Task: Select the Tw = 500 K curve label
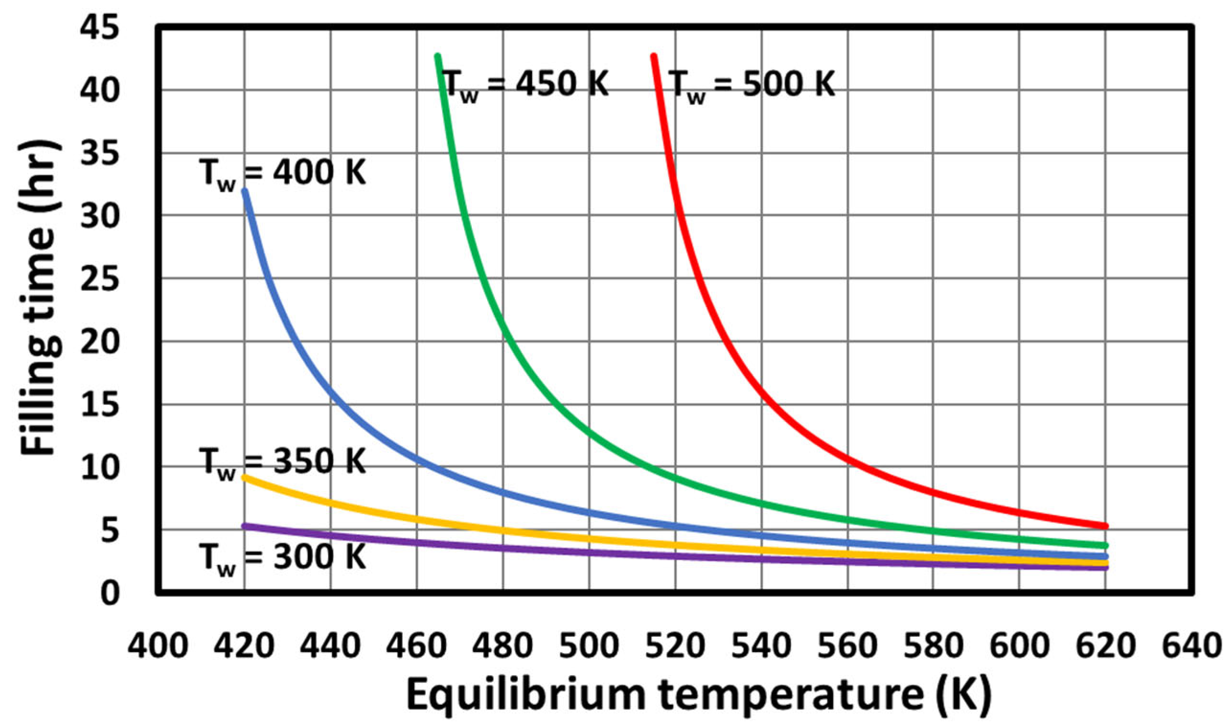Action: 752,84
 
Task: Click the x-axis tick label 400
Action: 158,646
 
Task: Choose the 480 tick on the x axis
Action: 502,646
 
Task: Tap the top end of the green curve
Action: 437,57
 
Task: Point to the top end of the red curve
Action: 653,57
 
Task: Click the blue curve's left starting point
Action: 245,191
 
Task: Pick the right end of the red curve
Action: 1105,526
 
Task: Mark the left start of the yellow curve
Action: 245,477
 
